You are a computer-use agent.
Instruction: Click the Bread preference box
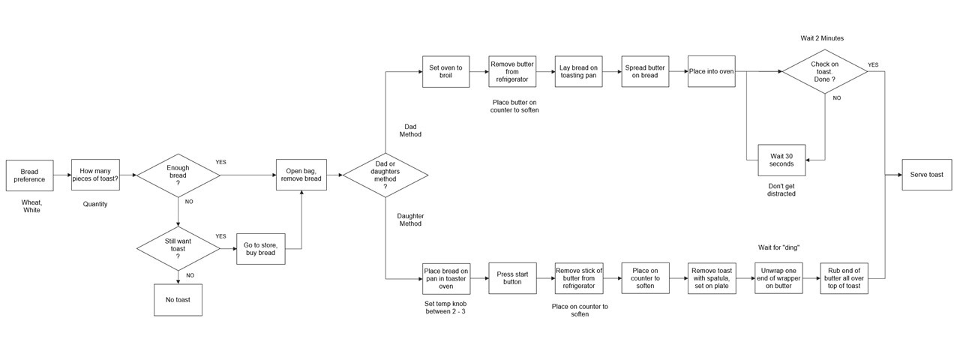coord(29,175)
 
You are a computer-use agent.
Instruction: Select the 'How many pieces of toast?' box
coord(95,175)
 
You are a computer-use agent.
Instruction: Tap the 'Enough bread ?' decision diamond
coord(178,175)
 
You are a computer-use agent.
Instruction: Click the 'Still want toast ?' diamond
coord(178,247)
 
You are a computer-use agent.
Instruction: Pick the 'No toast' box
coord(178,299)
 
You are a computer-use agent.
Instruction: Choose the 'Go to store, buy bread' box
coord(260,248)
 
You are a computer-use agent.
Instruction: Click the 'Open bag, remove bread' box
coord(301,175)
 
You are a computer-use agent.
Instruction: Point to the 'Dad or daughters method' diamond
coord(385,175)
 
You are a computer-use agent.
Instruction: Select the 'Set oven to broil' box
coord(445,71)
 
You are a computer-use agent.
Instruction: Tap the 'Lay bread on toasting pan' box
coord(579,71)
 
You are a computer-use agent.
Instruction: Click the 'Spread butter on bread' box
coord(646,71)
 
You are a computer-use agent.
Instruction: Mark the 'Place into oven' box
coord(711,71)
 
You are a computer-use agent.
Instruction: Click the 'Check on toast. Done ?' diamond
coord(824,71)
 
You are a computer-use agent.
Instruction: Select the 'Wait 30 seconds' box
coord(781,160)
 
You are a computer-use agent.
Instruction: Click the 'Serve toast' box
coord(926,175)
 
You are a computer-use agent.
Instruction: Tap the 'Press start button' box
coord(512,278)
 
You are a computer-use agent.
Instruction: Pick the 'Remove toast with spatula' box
coord(712,278)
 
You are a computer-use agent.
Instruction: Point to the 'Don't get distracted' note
coord(781,189)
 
